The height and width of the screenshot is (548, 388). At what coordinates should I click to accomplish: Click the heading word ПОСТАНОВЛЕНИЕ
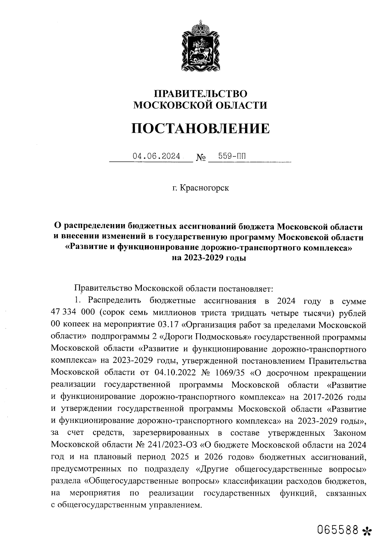click(200, 129)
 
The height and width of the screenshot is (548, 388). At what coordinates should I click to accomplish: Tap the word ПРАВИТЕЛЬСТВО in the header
click(200, 94)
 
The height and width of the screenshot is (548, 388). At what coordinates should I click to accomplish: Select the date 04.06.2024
click(156, 156)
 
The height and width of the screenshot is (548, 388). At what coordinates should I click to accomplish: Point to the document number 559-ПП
click(232, 156)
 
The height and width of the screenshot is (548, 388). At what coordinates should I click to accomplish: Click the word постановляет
click(246, 287)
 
